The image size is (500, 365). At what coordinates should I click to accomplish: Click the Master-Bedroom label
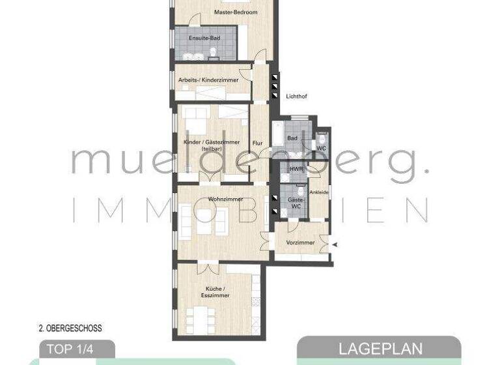(x=236, y=12)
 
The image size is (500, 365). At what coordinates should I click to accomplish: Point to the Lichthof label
(x=296, y=96)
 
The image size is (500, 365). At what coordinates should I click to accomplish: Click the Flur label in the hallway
(x=257, y=142)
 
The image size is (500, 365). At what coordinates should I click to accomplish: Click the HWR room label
(x=296, y=169)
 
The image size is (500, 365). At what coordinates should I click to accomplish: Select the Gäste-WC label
(x=295, y=203)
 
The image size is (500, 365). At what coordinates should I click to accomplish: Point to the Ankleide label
(x=319, y=192)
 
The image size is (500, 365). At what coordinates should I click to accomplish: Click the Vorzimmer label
(x=300, y=242)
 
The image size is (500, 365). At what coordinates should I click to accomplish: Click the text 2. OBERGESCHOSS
(x=70, y=328)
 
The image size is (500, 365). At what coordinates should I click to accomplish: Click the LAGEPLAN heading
(x=380, y=349)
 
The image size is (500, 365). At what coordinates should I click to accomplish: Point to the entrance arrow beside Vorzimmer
(x=335, y=244)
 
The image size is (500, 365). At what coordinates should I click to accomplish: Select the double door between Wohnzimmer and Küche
(x=206, y=267)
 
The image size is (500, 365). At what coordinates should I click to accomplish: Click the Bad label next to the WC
(x=292, y=138)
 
